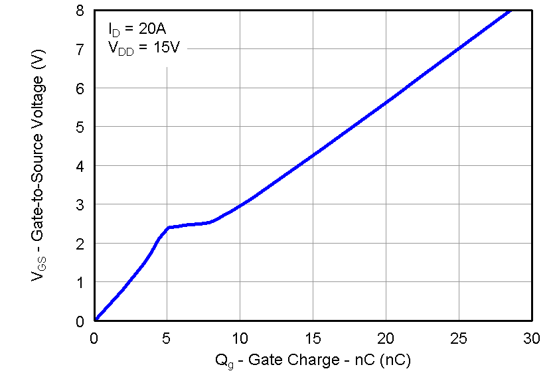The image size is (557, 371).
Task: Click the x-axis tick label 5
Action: click(167, 338)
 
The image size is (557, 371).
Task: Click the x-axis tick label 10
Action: click(240, 338)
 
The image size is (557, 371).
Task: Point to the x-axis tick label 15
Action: click(313, 338)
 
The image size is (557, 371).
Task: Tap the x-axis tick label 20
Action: click(386, 338)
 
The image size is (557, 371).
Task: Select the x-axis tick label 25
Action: click(459, 338)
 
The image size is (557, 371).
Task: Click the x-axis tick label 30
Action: click(531, 338)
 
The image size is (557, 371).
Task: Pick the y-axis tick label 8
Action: click(80, 11)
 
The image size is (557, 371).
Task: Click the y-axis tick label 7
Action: click(80, 50)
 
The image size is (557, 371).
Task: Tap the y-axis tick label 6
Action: click(80, 88)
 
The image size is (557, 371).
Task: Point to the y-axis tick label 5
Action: click(80, 127)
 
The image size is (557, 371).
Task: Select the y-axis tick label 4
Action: click(80, 166)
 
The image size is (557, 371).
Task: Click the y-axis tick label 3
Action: click(80, 204)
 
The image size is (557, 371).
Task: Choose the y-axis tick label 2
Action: click(80, 244)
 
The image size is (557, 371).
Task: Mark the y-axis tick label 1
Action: click(80, 282)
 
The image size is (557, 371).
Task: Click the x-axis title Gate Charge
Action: click(313, 360)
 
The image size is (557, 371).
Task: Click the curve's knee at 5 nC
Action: click(168, 228)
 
